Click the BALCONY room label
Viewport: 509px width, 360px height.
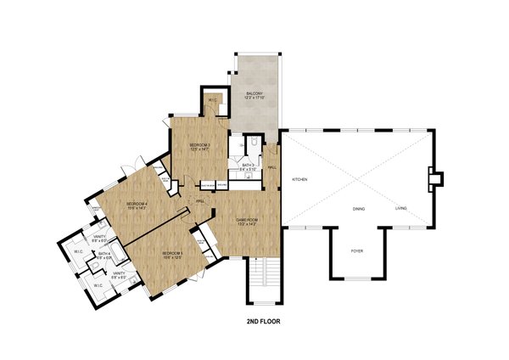(x=255, y=93)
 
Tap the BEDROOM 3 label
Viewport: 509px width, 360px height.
(x=199, y=145)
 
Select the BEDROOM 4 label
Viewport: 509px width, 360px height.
(x=137, y=203)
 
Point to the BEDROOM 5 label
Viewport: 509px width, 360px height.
(x=172, y=253)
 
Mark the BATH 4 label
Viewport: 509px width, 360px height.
(x=103, y=253)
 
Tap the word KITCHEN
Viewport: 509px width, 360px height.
(x=299, y=179)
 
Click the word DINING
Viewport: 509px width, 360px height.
(x=360, y=208)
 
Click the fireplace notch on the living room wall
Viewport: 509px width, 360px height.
(x=434, y=179)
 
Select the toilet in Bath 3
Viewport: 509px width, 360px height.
(x=252, y=144)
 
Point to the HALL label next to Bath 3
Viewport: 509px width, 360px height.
(x=272, y=167)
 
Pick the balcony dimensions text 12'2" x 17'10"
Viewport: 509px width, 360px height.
(x=255, y=98)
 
